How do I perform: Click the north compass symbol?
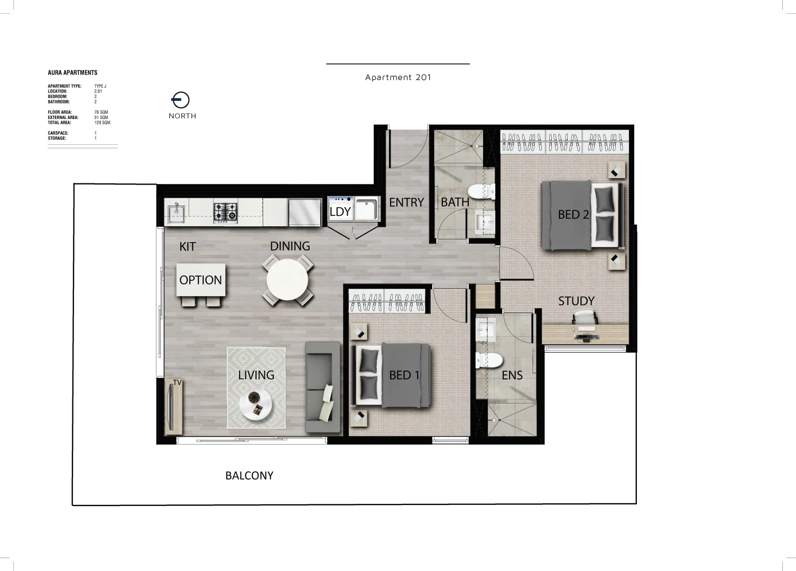click(181, 99)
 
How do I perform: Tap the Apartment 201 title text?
click(398, 77)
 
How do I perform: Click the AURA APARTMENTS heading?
click(72, 72)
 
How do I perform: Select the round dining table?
click(288, 280)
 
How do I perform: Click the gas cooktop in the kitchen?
click(225, 213)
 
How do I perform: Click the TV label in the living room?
click(177, 382)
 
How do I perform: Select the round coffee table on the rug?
click(256, 406)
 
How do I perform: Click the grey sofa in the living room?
click(322, 388)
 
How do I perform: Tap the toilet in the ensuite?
click(488, 361)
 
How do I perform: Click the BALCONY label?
click(249, 476)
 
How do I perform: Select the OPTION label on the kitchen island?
click(201, 280)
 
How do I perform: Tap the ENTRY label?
click(406, 202)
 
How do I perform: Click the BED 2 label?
click(573, 215)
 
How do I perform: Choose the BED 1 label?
click(404, 375)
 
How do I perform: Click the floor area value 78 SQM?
click(101, 113)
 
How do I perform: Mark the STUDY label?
click(576, 301)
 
